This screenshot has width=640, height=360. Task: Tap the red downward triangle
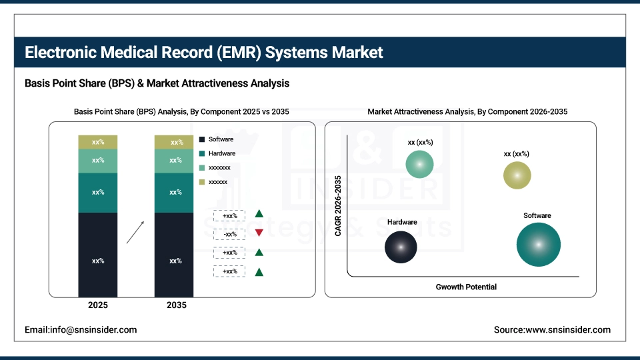point(259,233)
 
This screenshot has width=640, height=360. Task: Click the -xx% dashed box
point(230,234)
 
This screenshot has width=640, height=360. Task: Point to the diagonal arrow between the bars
point(135,233)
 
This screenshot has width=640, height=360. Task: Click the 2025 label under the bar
point(98,305)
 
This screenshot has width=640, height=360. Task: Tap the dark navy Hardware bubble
point(401,247)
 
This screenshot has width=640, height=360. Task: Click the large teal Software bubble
point(538,244)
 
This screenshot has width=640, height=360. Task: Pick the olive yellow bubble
point(517,175)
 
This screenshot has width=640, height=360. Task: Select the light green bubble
point(419,164)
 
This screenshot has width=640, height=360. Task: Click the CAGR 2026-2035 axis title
point(338,205)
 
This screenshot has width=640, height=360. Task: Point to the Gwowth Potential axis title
point(466,287)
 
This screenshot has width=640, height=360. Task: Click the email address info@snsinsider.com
point(81,329)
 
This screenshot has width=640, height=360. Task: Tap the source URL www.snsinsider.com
point(552,329)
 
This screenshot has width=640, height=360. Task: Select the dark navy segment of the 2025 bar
point(98,255)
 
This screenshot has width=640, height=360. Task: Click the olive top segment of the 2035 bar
point(174,142)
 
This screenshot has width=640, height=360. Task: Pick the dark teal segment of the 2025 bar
point(98,193)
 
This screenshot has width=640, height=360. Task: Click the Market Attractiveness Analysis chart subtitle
point(467,111)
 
